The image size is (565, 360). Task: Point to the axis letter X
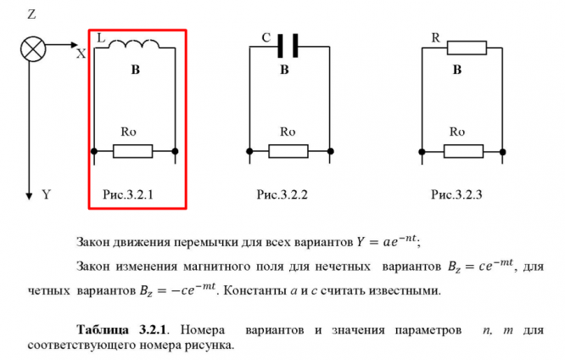(81, 53)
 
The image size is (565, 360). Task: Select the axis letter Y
(47, 195)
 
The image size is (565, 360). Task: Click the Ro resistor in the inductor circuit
(133, 151)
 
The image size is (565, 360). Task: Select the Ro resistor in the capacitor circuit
(289, 151)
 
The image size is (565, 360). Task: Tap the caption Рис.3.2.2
(282, 195)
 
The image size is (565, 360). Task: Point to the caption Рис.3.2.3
(456, 195)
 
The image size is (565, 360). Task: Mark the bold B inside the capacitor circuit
(285, 71)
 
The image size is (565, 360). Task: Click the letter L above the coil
(103, 38)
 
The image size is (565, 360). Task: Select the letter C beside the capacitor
(266, 38)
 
